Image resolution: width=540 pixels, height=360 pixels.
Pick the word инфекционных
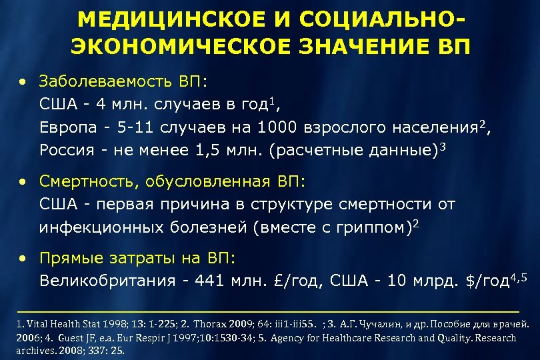point(99,227)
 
